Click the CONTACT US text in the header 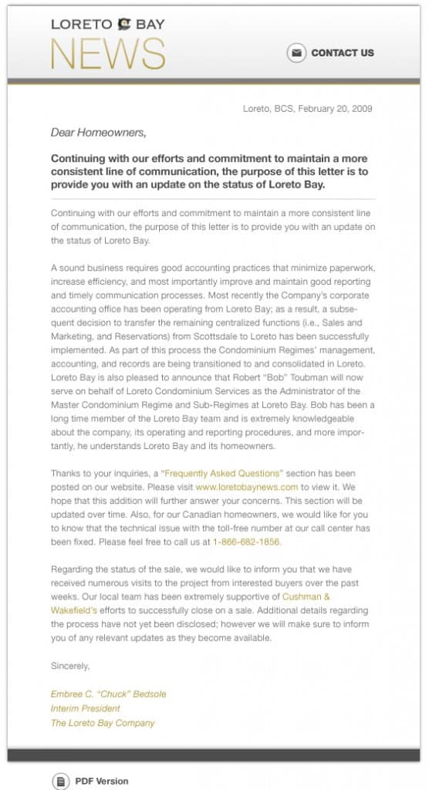click(342, 53)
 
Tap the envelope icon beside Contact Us click(296, 53)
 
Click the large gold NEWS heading click(107, 54)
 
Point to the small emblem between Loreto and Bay click(124, 25)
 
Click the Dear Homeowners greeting click(98, 133)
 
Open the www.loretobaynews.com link click(246, 488)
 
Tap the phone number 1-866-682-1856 click(247, 542)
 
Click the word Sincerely click(70, 665)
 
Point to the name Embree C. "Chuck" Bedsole click(108, 694)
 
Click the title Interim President click(85, 708)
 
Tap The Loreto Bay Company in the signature click(103, 723)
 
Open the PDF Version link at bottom click(101, 781)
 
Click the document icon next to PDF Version click(60, 781)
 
